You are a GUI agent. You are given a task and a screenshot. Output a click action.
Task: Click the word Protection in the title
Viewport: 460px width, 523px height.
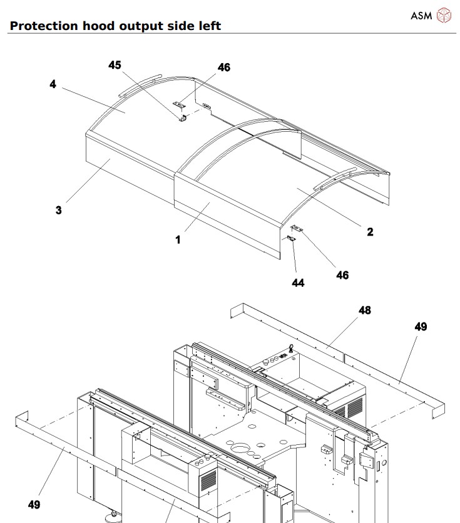click(44, 26)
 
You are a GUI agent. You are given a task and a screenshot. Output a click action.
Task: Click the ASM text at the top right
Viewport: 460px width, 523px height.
click(421, 15)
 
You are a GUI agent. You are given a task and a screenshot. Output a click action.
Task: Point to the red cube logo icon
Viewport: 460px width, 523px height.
click(443, 15)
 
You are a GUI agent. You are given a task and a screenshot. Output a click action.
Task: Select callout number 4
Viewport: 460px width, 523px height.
click(53, 84)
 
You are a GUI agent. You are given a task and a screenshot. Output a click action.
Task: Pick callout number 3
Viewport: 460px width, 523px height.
click(58, 211)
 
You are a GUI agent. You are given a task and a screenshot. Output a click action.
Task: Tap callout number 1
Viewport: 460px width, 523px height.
click(178, 239)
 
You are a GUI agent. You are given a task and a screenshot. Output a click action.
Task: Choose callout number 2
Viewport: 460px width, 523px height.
click(370, 232)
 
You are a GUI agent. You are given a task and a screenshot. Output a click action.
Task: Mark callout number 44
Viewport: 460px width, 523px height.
click(298, 283)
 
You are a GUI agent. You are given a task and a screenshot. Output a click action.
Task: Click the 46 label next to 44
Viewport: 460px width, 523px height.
click(342, 275)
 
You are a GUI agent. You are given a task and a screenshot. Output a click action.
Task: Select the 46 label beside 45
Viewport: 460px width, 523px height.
click(223, 67)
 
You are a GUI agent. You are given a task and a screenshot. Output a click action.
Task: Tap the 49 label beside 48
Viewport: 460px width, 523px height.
click(421, 327)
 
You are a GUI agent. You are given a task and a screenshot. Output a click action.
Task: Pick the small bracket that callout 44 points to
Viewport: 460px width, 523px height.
click(291, 237)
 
